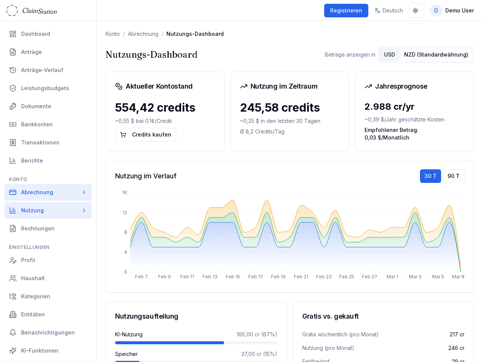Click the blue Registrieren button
pyautogui.click(x=346, y=11)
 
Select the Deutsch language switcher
pyautogui.click(x=389, y=11)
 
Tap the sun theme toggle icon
pyautogui.click(x=416, y=11)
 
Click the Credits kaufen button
pyautogui.click(x=146, y=135)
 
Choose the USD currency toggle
pyautogui.click(x=389, y=55)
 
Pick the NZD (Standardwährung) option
pyautogui.click(x=436, y=55)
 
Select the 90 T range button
pyautogui.click(x=453, y=176)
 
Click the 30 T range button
pyautogui.click(x=430, y=176)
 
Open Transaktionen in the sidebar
pyautogui.click(x=40, y=143)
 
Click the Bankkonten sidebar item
pyautogui.click(x=37, y=124)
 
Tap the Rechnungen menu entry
pyautogui.click(x=38, y=229)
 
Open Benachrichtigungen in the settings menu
pyautogui.click(x=48, y=333)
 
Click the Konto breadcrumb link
pyautogui.click(x=113, y=34)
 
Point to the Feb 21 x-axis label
pyautogui.click(x=301, y=277)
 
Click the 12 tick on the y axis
pyautogui.click(x=125, y=213)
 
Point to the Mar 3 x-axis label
pyautogui.click(x=415, y=277)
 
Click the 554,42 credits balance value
pyautogui.click(x=155, y=107)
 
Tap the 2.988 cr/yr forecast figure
pyautogui.click(x=389, y=107)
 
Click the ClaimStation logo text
pyautogui.click(x=40, y=11)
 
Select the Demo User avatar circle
pyautogui.click(x=436, y=11)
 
